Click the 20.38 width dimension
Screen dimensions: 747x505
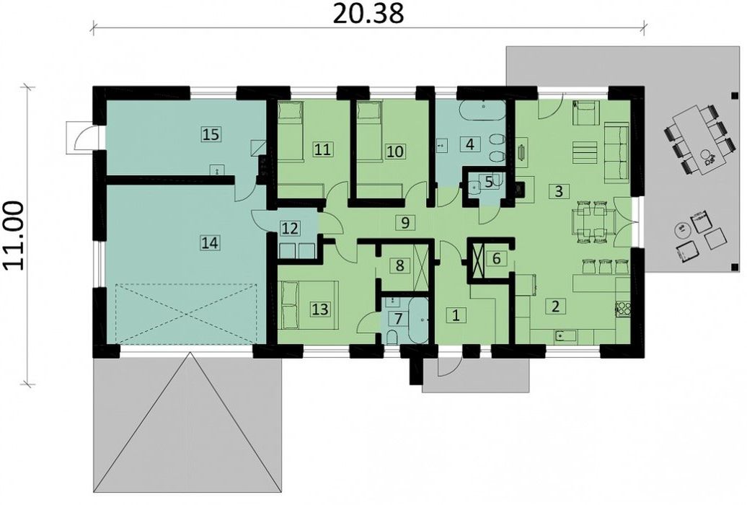368,14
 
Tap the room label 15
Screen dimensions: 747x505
211,134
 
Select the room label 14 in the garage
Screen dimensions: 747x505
210,242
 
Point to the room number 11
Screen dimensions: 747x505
322,150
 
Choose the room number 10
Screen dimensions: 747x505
395,151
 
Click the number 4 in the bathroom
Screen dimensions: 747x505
470,144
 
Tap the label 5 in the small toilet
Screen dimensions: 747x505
488,181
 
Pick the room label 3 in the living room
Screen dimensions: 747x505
559,191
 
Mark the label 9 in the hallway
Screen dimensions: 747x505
405,222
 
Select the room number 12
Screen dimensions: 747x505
290,229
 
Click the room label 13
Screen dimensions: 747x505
320,309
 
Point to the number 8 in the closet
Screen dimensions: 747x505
399,265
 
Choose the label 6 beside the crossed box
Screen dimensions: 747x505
496,258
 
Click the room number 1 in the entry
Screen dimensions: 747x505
456,315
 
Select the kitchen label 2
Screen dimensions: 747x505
554,306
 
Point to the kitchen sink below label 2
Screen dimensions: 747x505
565,336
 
